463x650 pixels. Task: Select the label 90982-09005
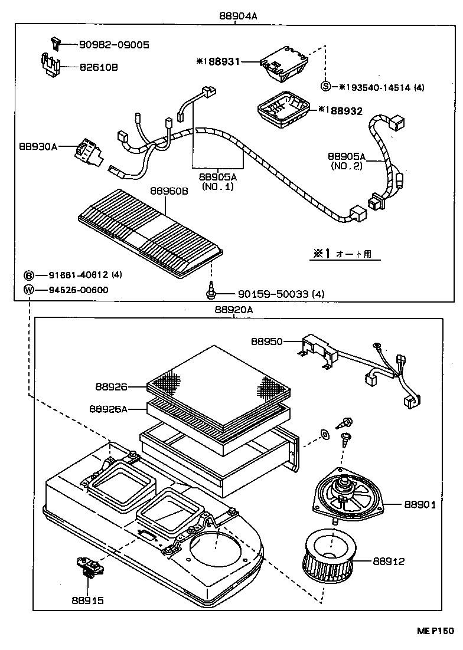(114, 44)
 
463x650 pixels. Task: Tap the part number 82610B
(99, 67)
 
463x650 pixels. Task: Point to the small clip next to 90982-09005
(54, 42)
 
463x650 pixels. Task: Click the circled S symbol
(325, 87)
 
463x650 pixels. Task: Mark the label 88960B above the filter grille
(169, 191)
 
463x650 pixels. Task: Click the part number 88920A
(234, 310)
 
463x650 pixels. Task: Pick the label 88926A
(109, 408)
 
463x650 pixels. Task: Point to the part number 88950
(267, 342)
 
